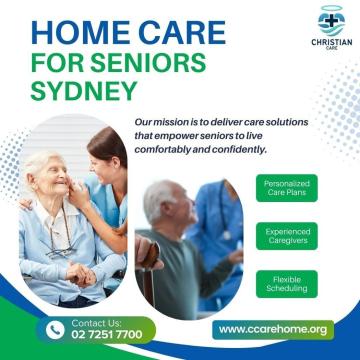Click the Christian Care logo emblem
[325, 20]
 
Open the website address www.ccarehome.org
[273, 329]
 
